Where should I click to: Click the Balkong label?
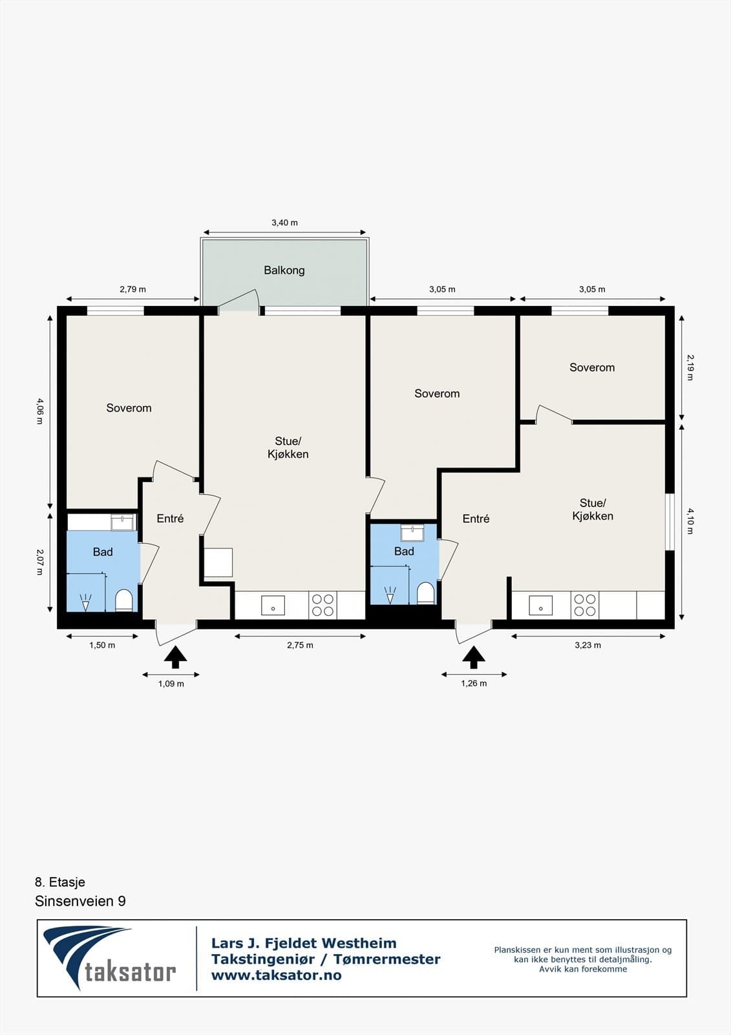284,270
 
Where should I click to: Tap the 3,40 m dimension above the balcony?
284,223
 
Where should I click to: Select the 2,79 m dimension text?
132,289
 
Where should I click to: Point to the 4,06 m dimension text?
39,411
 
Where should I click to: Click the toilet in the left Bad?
123,600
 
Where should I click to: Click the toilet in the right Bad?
425,593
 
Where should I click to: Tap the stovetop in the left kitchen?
323,605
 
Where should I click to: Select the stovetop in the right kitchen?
585,605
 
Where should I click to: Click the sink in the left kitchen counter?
273,605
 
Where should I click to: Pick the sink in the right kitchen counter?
541,605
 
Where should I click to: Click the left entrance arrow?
175,657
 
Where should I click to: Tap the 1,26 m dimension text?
474,683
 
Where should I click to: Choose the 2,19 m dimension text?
690,367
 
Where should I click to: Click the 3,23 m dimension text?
588,646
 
